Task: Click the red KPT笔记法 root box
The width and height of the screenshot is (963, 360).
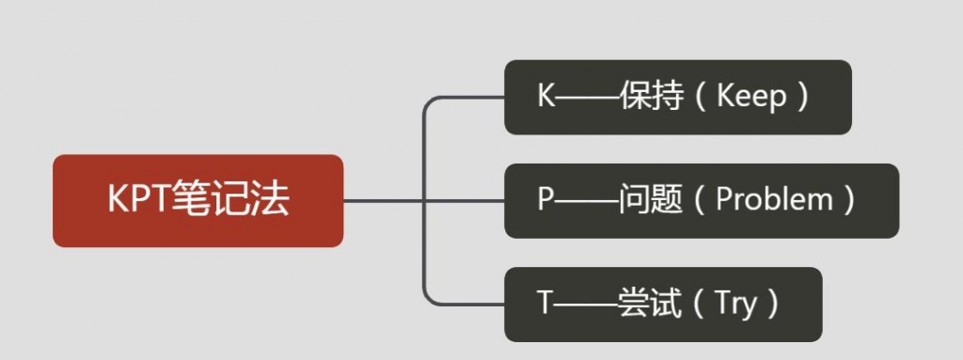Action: tap(197, 200)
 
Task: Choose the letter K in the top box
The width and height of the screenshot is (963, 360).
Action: tap(546, 97)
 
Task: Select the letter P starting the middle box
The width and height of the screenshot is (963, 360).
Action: tap(545, 200)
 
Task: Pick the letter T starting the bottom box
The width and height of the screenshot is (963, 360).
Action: tap(545, 304)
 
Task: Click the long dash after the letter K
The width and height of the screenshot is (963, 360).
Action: tap(588, 97)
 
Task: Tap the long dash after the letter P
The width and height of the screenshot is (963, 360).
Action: tap(587, 200)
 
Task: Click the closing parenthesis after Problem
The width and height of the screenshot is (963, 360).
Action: tap(850, 200)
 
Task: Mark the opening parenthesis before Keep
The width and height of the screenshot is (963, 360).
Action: tap(699, 97)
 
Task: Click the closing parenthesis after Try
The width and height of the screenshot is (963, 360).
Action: tap(773, 304)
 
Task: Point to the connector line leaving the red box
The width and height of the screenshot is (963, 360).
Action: tap(381, 200)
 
